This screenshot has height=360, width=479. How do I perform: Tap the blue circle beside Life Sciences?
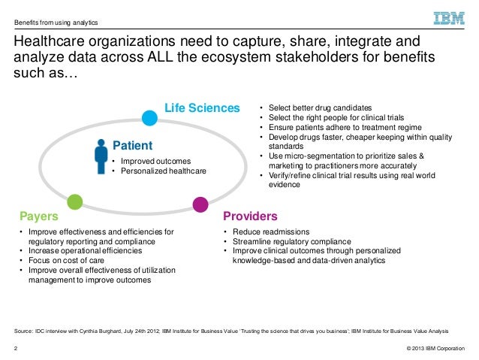(x=150, y=116)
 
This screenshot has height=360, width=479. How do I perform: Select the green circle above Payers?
(x=74, y=201)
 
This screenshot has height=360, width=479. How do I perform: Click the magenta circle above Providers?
(x=200, y=203)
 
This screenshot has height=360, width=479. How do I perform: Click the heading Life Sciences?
(x=202, y=107)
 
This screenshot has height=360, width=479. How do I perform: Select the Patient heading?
(x=132, y=145)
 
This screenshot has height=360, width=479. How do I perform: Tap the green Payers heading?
(x=39, y=216)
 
